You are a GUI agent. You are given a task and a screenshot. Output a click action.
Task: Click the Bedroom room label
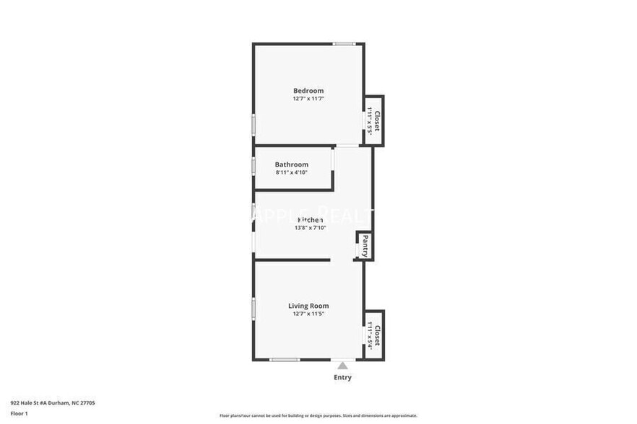(308, 91)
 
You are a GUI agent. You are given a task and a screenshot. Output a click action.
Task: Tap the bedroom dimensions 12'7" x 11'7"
(308, 99)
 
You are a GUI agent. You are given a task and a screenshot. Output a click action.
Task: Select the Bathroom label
(291, 164)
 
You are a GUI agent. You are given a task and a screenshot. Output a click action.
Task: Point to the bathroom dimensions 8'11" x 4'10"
(291, 172)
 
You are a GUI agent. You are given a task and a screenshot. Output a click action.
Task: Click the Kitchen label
(311, 220)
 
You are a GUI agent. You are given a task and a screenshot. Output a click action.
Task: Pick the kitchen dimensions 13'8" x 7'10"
(311, 228)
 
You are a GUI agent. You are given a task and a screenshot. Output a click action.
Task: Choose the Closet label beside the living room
(376, 335)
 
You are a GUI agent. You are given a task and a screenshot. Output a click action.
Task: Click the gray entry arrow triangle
(342, 366)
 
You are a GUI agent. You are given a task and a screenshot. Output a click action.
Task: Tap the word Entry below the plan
(342, 377)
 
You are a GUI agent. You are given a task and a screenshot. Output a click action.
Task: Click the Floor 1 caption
(19, 413)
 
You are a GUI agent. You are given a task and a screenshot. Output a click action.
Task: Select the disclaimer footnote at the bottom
(318, 415)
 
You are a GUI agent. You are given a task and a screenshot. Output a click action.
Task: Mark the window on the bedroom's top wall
(344, 44)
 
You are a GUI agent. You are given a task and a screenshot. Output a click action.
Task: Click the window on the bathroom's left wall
(253, 165)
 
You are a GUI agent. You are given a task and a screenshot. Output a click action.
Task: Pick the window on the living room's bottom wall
(284, 359)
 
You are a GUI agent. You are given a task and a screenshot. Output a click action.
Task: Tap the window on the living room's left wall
(253, 309)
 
